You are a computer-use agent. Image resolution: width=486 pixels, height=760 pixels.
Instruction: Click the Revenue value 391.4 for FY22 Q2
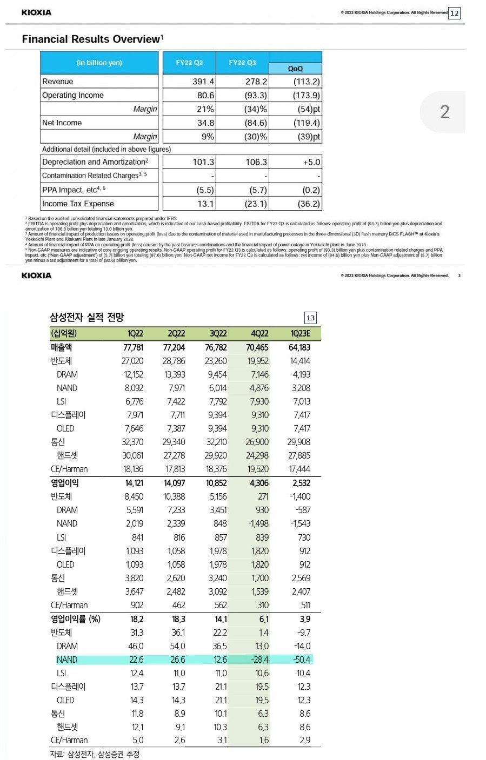click(203, 82)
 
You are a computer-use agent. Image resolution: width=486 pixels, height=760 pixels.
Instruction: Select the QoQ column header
click(295, 69)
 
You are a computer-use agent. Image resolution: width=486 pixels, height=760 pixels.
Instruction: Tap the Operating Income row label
click(73, 95)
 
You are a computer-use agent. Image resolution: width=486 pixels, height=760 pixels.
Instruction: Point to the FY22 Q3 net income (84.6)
click(256, 123)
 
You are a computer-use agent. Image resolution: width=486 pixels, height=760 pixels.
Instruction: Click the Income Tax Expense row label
click(78, 204)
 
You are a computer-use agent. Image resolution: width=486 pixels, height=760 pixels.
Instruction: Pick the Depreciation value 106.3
click(256, 162)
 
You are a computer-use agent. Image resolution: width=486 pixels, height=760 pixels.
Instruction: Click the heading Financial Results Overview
click(91, 39)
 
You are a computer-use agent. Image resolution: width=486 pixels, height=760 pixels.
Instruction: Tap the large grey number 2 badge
click(444, 112)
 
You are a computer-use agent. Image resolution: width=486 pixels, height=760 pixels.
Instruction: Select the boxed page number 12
click(454, 13)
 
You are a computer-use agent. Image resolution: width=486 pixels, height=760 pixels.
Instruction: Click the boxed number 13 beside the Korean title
click(310, 318)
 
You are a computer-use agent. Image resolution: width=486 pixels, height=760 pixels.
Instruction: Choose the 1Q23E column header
click(300, 333)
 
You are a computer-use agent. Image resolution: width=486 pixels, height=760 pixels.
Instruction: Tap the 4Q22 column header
click(259, 333)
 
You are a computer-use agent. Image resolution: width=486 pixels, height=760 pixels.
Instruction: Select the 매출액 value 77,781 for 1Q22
click(133, 347)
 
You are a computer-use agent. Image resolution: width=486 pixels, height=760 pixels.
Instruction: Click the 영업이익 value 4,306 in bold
click(259, 483)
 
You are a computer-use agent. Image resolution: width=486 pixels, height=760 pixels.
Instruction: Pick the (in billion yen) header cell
click(99, 63)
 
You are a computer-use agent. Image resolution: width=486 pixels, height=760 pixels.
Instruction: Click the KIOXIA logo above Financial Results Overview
click(37, 12)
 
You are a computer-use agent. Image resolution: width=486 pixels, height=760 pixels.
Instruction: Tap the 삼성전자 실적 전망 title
click(86, 318)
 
